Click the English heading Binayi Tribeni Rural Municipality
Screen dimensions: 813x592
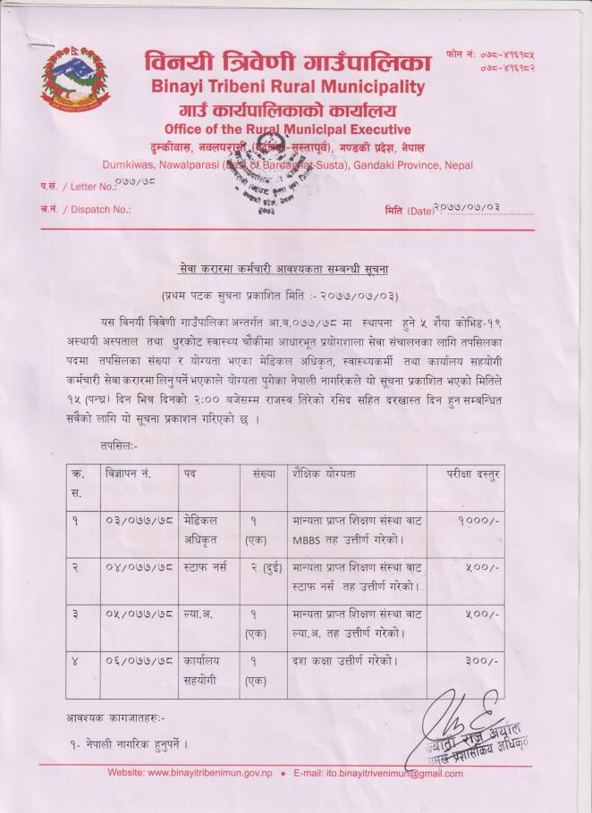288,88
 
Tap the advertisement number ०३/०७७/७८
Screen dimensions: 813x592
138,520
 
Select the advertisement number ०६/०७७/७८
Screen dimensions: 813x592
138,662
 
